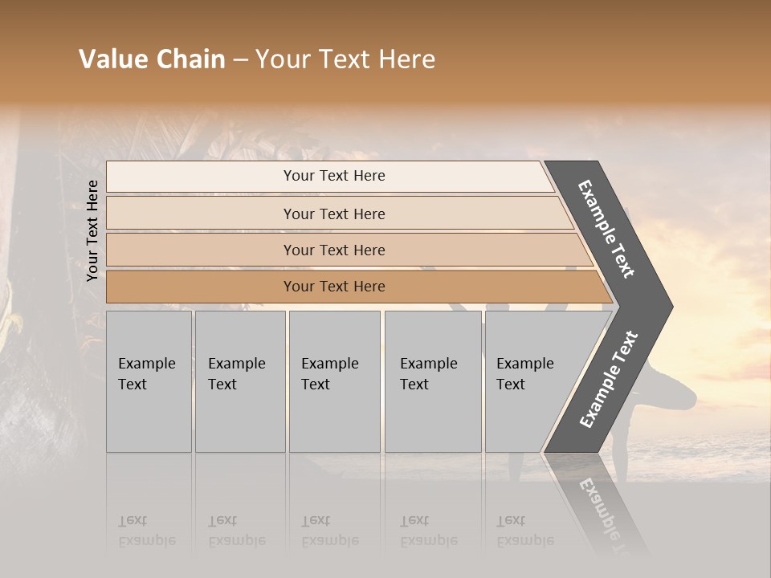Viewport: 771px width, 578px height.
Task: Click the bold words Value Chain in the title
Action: click(152, 59)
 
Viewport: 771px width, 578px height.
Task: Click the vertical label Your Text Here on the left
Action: click(92, 230)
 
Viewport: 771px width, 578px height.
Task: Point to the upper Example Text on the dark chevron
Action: click(606, 229)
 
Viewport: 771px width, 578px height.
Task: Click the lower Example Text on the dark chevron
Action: click(609, 379)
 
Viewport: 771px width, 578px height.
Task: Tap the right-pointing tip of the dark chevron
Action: click(667, 306)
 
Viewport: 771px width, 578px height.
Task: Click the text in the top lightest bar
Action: click(334, 176)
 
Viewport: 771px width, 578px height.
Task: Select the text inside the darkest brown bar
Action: click(334, 287)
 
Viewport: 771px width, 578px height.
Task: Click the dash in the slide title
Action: click(240, 60)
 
